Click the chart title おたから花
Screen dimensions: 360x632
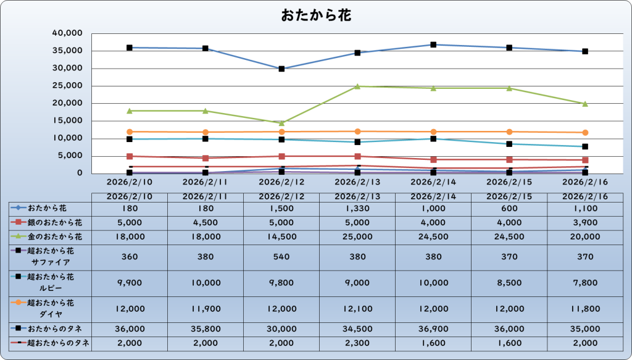316,15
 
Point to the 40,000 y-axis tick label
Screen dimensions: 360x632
69,33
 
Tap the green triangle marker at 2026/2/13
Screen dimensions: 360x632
357,86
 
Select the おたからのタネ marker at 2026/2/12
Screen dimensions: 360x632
281,69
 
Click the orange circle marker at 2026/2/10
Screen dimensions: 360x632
130,132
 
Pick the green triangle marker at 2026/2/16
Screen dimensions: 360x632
585,104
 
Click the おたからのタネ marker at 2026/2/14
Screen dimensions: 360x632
433,44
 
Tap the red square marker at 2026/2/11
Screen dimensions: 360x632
206,158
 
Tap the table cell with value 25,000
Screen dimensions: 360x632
357,237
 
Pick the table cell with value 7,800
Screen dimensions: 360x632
585,283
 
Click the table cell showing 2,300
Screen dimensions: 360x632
357,343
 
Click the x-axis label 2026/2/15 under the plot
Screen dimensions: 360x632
509,182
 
